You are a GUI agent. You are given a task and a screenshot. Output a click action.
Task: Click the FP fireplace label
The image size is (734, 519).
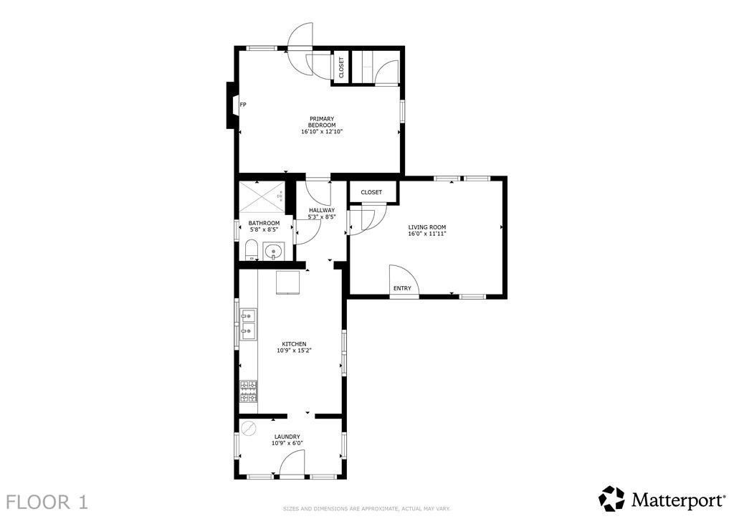click(x=243, y=105)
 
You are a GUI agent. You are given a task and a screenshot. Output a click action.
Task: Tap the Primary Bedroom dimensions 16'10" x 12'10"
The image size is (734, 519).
click(x=322, y=132)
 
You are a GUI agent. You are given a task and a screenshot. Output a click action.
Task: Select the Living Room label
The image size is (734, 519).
click(x=427, y=227)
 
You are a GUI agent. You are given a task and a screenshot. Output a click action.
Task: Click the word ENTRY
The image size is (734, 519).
click(x=402, y=289)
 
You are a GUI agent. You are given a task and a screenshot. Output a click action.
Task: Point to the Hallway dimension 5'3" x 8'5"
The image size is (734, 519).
click(x=322, y=216)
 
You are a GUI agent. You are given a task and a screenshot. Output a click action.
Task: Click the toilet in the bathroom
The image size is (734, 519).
click(x=251, y=250)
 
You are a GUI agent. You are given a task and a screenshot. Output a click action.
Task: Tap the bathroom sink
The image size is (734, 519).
click(x=273, y=252)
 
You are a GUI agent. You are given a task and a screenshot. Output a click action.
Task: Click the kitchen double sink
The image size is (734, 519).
click(x=249, y=323)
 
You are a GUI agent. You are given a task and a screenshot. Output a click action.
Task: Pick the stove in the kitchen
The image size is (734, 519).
click(x=249, y=391)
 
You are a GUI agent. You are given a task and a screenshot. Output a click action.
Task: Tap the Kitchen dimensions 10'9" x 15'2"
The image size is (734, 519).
click(x=294, y=351)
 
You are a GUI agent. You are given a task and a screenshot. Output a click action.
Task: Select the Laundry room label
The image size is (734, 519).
click(x=287, y=437)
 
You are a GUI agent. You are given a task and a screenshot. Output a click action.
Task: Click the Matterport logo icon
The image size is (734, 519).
click(x=611, y=498)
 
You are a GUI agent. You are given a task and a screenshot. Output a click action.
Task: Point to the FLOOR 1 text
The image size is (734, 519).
click(x=47, y=501)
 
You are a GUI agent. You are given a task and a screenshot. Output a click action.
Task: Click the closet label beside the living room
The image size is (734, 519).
click(x=371, y=193)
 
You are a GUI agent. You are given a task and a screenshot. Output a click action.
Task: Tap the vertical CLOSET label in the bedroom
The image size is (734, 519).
click(x=341, y=67)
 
